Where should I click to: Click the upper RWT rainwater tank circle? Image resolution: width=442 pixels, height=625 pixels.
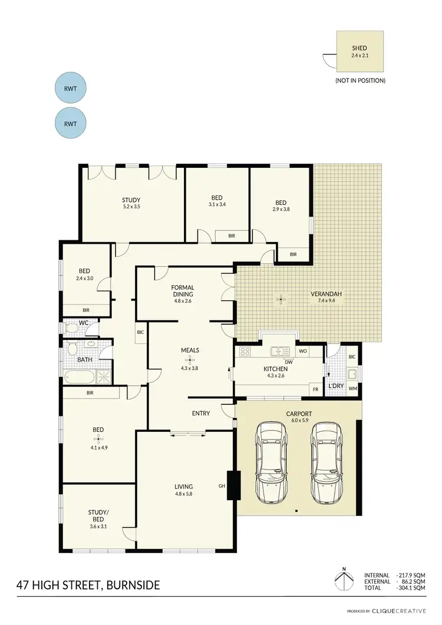click(70, 89)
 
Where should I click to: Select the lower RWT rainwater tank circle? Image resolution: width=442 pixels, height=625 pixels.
click(70, 123)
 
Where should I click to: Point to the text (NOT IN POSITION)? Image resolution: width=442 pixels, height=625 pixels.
click(360, 80)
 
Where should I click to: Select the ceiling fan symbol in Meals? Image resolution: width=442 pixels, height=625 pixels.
click(190, 358)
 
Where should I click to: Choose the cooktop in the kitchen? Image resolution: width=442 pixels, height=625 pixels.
click(246, 352)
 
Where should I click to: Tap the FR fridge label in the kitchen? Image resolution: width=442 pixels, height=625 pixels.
click(315, 389)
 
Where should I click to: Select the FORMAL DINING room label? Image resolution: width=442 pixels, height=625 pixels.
click(183, 290)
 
